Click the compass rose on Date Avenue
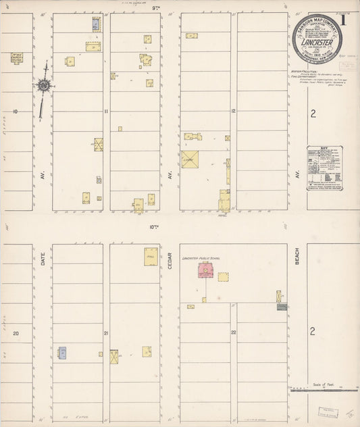tap(43, 86)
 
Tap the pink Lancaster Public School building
tap(204, 272)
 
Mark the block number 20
tap(14, 333)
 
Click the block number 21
tap(106, 333)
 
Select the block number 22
tap(232, 333)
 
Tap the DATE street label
tap(42, 258)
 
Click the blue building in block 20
tap(62, 352)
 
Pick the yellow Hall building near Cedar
tap(151, 257)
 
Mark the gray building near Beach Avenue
tap(282, 307)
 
